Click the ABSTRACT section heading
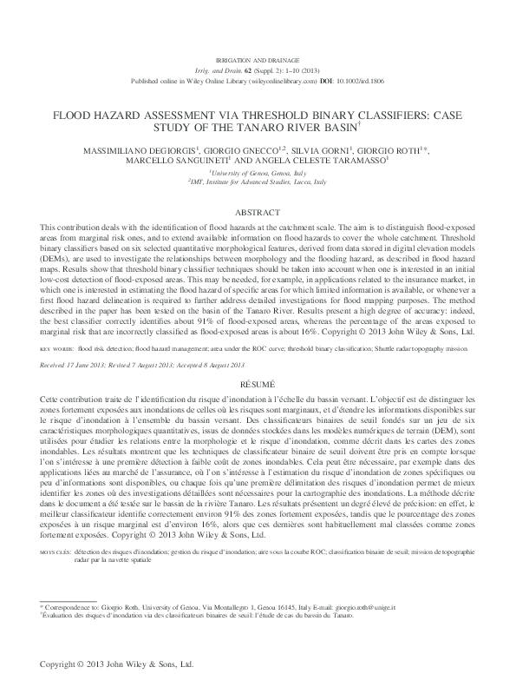[x=258, y=212]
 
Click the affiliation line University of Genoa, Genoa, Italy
[x=258, y=174]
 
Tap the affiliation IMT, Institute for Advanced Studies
[x=258, y=183]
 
